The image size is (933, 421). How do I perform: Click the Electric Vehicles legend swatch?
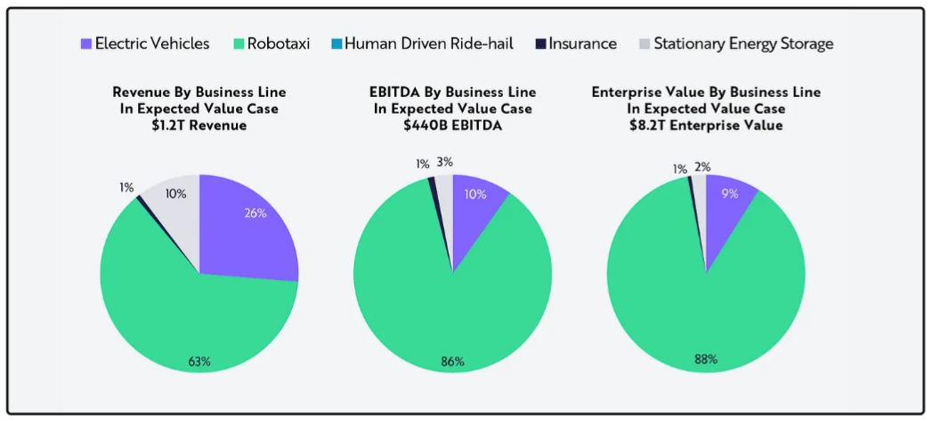point(85,44)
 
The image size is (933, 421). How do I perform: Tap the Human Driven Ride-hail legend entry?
point(428,44)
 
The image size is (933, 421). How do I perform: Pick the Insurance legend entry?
point(582,44)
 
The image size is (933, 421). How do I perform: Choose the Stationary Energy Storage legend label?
point(742,44)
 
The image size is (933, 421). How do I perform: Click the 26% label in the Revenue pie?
point(256,214)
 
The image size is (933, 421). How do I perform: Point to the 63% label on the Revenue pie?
point(199,361)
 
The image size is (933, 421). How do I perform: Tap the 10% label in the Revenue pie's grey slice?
point(176,194)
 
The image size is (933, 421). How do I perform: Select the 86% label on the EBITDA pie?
point(452,361)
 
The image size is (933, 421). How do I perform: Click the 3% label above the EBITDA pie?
point(445,162)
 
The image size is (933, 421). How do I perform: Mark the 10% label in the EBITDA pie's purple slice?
point(475,194)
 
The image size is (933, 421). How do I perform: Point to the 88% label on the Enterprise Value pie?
point(706,360)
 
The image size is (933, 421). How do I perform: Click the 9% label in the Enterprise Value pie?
point(730,193)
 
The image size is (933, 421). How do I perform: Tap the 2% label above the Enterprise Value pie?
point(702,166)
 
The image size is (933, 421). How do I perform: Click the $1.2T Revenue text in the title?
point(199,125)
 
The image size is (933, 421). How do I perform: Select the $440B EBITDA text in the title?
point(452,125)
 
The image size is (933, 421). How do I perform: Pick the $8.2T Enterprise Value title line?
point(706,125)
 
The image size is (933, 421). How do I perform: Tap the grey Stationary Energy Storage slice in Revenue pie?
point(178,214)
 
